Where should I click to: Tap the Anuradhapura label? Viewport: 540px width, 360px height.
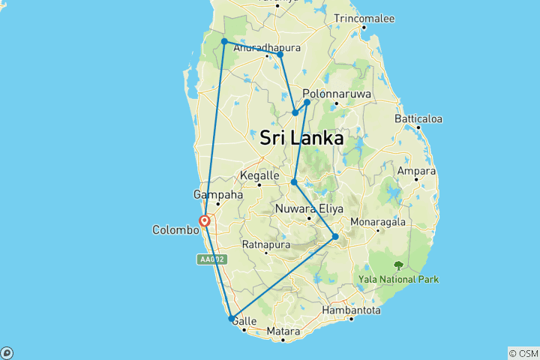(267, 47)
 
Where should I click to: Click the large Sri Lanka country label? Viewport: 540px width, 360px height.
(301, 139)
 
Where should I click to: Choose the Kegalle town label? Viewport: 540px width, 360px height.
(259, 175)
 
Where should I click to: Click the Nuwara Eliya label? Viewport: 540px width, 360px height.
(307, 209)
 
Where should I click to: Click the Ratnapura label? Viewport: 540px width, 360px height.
(266, 244)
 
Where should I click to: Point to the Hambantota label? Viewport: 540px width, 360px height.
(351, 310)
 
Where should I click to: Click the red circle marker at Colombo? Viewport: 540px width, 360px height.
(204, 220)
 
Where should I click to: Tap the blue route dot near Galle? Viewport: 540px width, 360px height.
(232, 319)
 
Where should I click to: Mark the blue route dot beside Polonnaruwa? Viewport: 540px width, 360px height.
(307, 103)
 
